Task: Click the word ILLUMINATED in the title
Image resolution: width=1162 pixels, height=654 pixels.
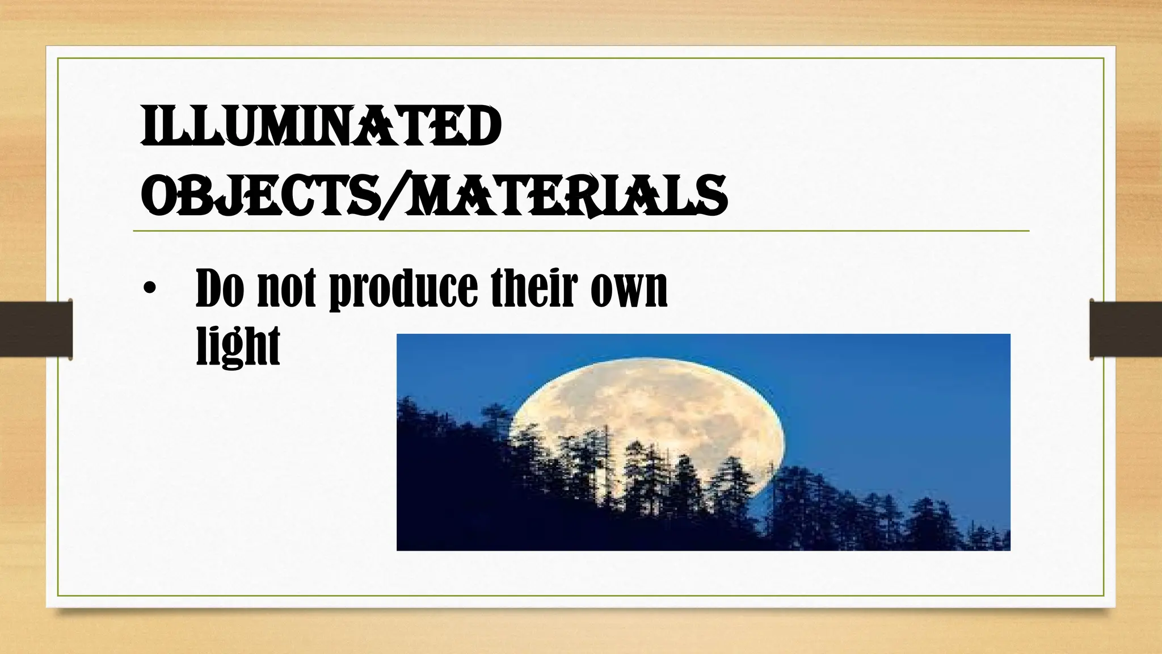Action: [321, 127]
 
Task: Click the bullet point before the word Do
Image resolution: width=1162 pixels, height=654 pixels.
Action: [149, 289]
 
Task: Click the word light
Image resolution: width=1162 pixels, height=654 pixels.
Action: [238, 346]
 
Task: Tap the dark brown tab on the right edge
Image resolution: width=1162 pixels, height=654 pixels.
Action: [1126, 329]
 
